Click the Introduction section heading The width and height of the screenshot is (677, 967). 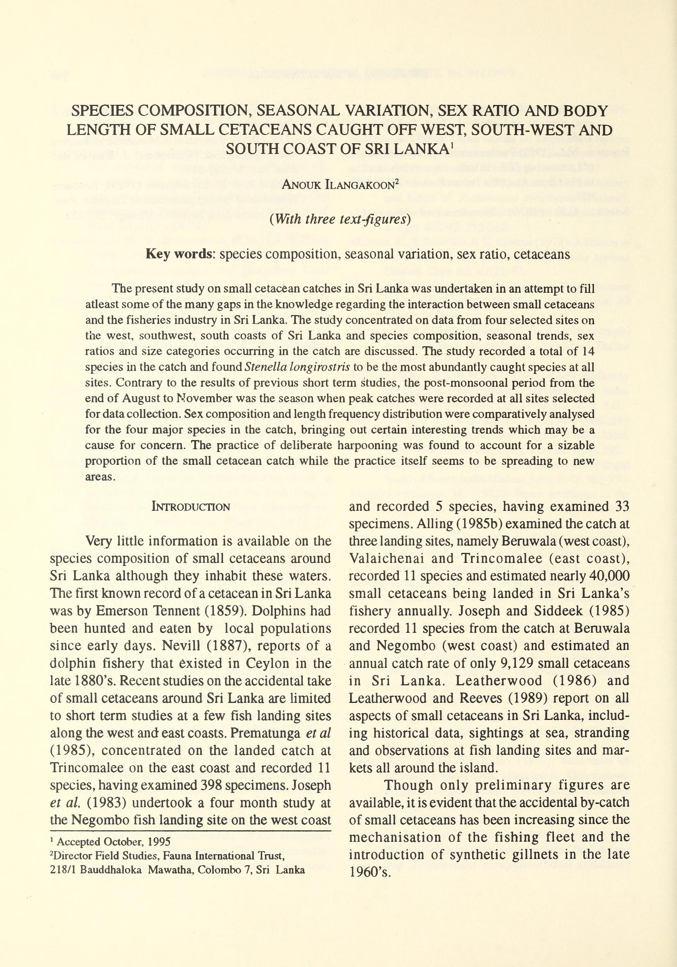190,507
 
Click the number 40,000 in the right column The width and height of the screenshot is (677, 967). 610,576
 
